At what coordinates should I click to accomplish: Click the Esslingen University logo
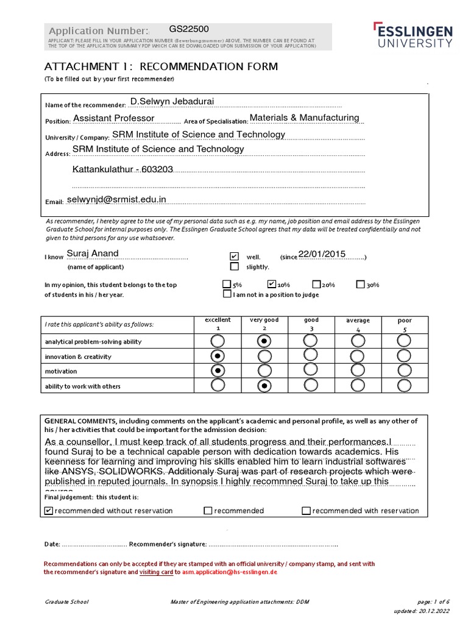pos(413,35)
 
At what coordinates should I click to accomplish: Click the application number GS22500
pos(189,29)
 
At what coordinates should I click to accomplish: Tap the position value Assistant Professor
pos(114,118)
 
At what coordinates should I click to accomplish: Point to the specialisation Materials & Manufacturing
pos(305,118)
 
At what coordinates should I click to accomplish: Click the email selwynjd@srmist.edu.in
pos(116,199)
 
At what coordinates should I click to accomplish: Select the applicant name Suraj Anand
pos(93,253)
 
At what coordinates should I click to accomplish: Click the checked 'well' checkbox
pos(235,257)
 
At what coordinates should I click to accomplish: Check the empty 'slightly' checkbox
pos(235,266)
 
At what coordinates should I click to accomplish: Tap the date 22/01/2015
pos(322,254)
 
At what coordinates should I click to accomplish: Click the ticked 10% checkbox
pos(272,284)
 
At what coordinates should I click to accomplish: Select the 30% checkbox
pos(361,284)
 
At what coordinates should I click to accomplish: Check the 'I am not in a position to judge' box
pos(227,294)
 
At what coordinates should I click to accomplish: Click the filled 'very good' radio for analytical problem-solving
pos(264,341)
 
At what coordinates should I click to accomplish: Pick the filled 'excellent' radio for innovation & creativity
pos(218,356)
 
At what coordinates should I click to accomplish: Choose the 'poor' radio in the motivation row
pos(404,370)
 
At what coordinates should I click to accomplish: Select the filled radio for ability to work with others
pos(264,385)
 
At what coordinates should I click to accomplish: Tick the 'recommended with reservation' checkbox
pos(306,511)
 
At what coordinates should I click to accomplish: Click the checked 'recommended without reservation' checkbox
pos(49,511)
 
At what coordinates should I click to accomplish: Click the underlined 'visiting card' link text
pos(156,573)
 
